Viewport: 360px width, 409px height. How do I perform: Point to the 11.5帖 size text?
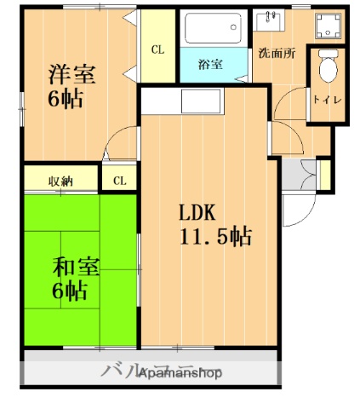tap(215, 236)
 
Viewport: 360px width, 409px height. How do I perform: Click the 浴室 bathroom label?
tap(209, 64)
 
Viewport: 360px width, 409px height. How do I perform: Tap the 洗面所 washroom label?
tap(277, 53)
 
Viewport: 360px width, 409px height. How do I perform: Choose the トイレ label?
tap(328, 100)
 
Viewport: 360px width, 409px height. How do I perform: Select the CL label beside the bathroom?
tap(158, 49)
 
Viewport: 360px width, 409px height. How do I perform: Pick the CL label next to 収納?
tap(119, 180)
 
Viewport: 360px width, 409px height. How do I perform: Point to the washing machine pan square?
tap(328, 25)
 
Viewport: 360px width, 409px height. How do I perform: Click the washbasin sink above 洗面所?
tap(273, 20)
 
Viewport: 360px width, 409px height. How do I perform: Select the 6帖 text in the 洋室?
tap(65, 99)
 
